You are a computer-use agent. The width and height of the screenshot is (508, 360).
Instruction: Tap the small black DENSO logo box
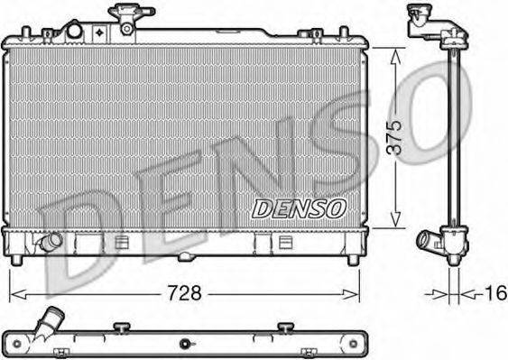(299, 208)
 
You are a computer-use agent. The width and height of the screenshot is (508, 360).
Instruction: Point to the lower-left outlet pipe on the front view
(47, 244)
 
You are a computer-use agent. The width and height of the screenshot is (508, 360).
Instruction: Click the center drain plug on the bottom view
(186, 343)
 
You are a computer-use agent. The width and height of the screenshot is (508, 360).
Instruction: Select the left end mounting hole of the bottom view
(14, 344)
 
